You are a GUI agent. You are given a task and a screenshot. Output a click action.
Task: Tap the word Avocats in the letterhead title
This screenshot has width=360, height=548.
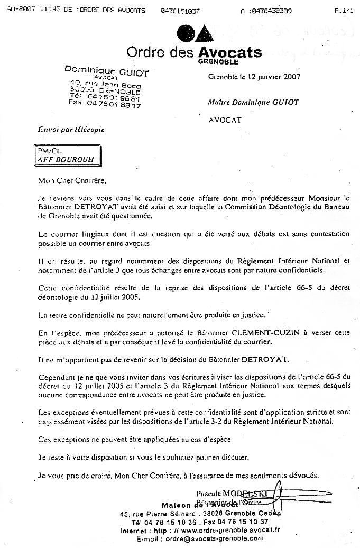tap(229, 52)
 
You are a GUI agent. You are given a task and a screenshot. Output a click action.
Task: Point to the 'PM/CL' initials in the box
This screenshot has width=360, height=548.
tap(46, 150)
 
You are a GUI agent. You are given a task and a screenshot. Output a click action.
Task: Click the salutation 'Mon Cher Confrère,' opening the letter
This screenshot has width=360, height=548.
tap(68, 180)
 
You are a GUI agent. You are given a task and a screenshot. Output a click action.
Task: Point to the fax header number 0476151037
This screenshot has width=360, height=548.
tap(180, 11)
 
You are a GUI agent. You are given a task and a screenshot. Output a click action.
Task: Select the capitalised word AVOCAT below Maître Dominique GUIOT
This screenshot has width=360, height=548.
tap(225, 120)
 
